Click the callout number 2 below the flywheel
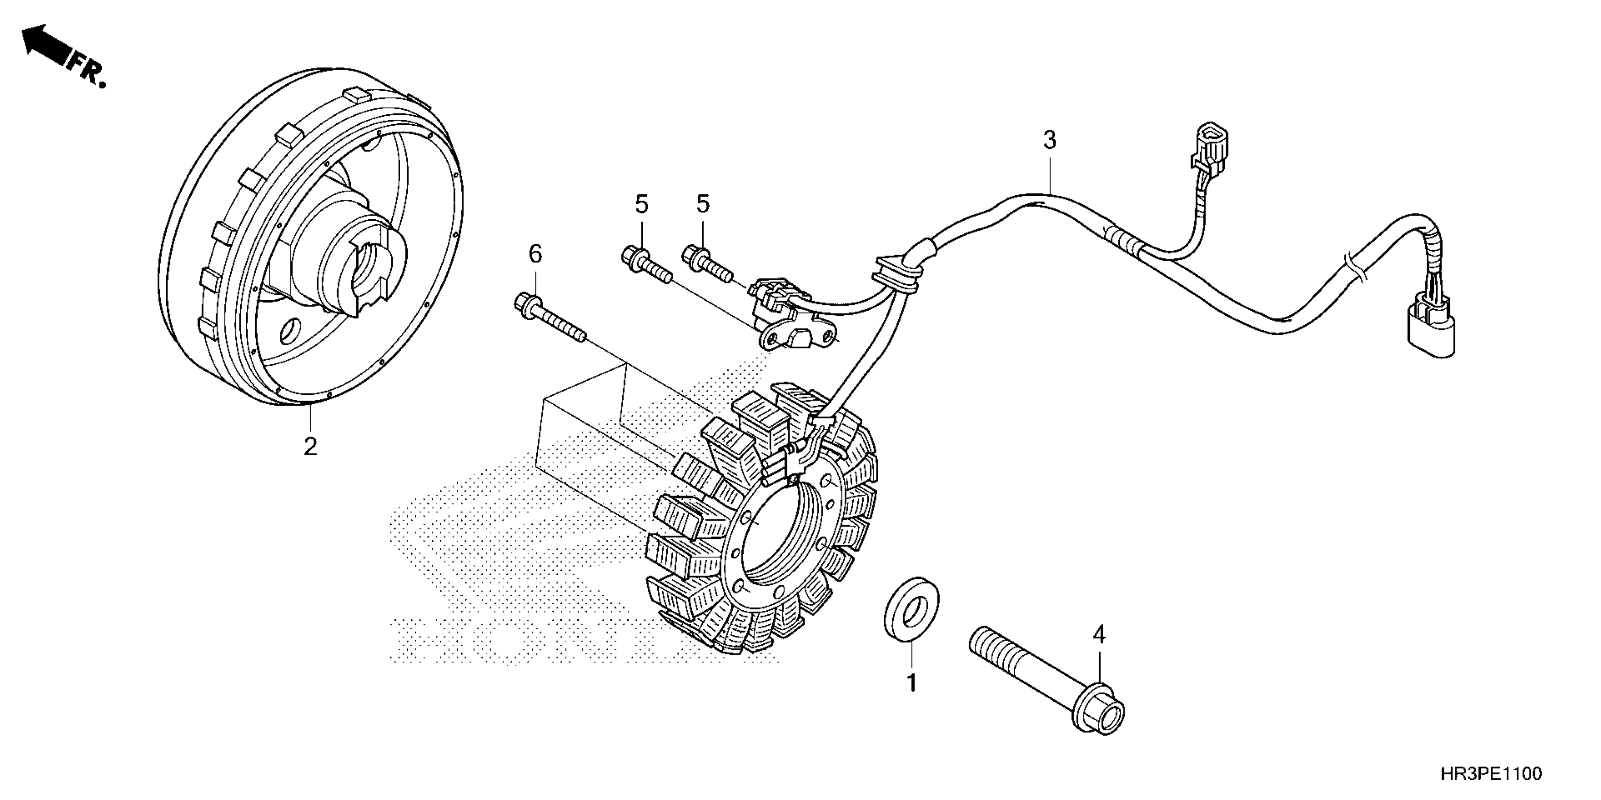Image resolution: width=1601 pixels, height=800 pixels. pos(310,446)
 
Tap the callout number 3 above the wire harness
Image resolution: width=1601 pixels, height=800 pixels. pos(1050,140)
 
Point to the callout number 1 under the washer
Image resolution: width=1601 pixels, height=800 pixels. pos(912,683)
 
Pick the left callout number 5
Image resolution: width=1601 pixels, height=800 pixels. pos(641,204)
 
